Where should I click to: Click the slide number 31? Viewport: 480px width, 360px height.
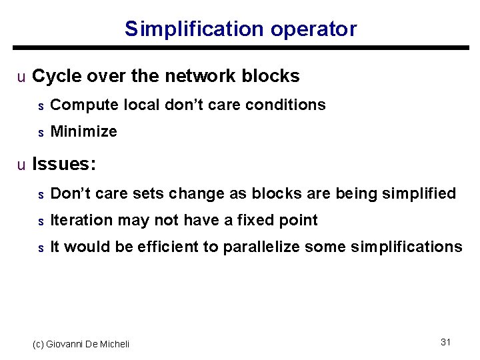(446, 342)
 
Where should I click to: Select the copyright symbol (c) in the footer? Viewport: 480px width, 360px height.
(39, 344)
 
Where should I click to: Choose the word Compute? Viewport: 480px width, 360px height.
(77, 105)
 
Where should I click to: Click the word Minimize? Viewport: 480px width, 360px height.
(83, 132)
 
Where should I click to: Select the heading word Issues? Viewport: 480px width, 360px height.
(64, 164)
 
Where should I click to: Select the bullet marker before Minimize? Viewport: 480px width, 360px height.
(40, 133)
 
